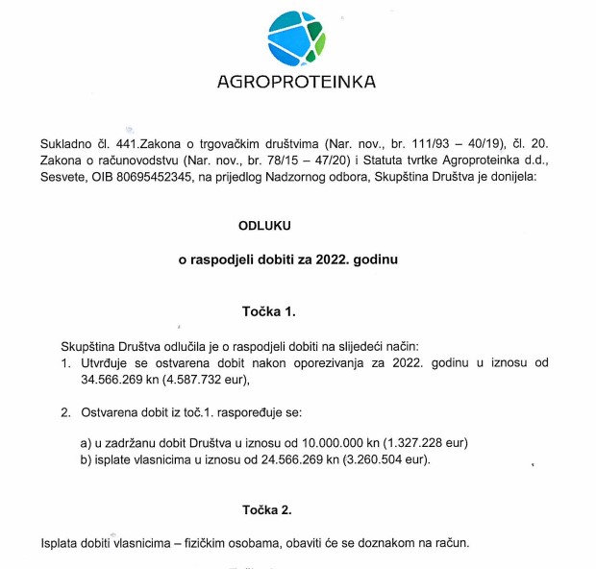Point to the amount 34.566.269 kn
[x=126, y=380]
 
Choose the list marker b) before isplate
[x=87, y=459]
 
